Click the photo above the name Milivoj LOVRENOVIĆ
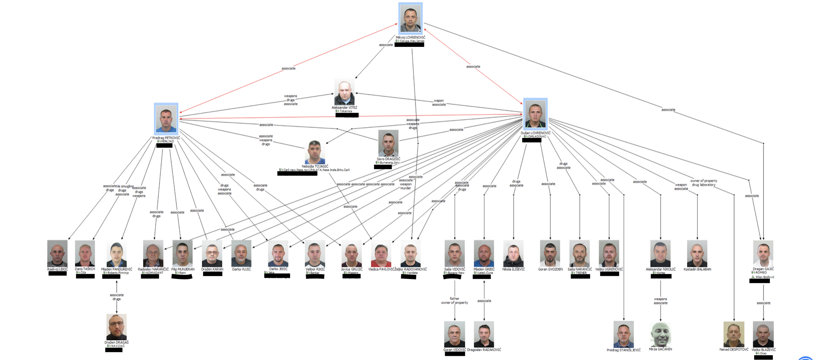click(x=410, y=19)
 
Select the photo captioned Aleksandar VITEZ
click(x=344, y=93)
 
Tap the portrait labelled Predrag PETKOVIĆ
click(x=166, y=119)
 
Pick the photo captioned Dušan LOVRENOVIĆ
click(x=535, y=114)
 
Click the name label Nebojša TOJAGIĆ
click(x=315, y=166)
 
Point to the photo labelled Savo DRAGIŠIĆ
click(x=388, y=144)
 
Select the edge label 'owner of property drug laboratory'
click(x=703, y=183)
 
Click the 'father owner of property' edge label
click(x=455, y=300)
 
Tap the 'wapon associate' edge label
click(x=439, y=103)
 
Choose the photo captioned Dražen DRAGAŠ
click(x=116, y=327)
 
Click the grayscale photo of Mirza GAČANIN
click(x=661, y=334)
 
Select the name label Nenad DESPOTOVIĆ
click(x=734, y=350)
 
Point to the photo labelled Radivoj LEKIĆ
click(x=57, y=253)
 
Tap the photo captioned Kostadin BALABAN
click(x=697, y=253)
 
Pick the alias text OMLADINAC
click(x=537, y=137)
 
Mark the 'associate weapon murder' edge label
click(x=405, y=184)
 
